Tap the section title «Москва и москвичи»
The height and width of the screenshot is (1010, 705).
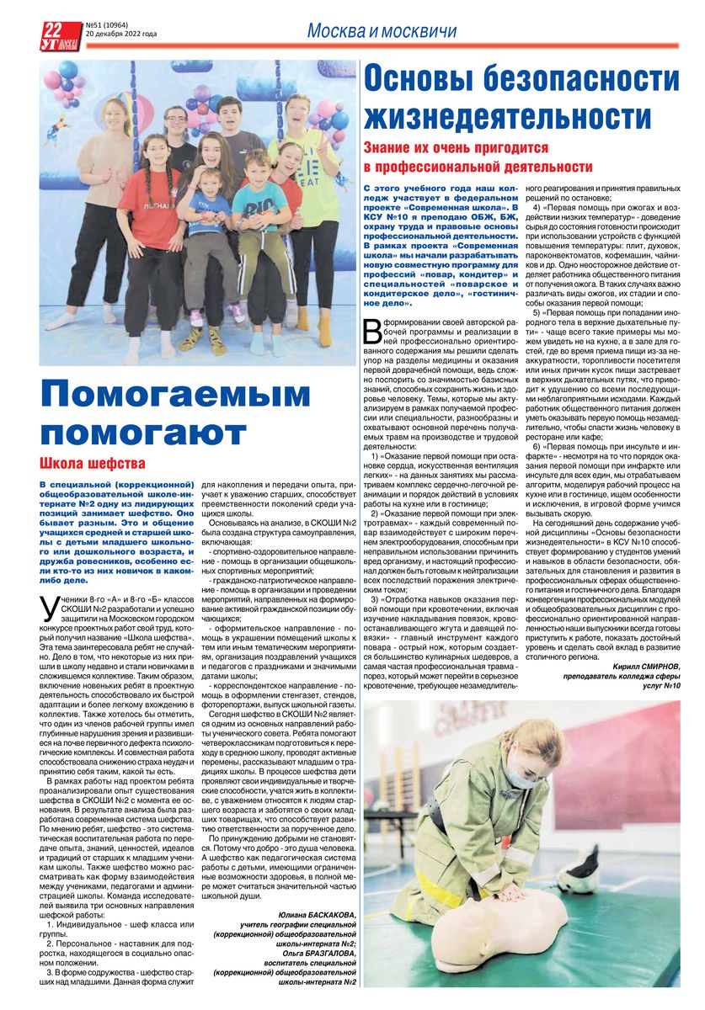(x=382, y=31)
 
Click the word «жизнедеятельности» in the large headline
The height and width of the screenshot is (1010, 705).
(x=508, y=114)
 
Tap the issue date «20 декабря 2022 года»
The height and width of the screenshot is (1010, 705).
(x=121, y=35)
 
